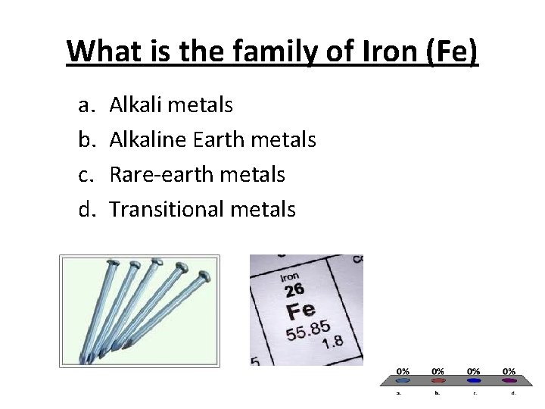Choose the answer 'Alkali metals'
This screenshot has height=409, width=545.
point(171,105)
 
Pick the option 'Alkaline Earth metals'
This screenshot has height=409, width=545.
point(213,139)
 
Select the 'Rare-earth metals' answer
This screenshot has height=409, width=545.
point(197,174)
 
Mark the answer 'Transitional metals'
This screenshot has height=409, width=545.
point(202,209)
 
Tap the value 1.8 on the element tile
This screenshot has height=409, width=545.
point(333,343)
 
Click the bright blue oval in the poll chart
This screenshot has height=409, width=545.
point(473,381)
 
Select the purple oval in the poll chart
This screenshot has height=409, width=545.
point(509,381)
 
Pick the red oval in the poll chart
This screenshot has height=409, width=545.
point(438,381)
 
